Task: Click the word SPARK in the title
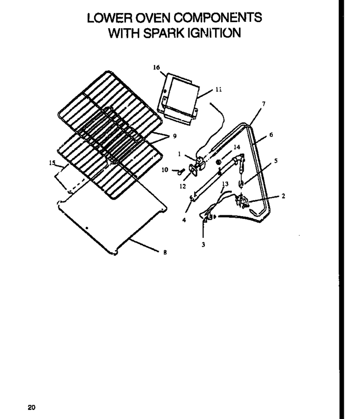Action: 163,33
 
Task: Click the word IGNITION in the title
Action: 214,33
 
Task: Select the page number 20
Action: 31,407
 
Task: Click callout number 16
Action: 156,67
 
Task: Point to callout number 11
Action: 218,90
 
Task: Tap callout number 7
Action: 264,103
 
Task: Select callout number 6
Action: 271,135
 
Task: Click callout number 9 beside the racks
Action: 174,136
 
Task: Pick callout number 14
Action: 237,147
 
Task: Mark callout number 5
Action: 276,161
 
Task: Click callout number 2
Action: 283,196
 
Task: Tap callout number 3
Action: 203,244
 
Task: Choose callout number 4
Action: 184,220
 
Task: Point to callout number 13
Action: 225,184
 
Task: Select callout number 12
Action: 182,186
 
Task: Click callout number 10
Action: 165,170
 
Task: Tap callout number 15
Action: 52,163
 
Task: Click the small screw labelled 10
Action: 181,171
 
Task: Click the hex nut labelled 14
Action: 218,162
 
